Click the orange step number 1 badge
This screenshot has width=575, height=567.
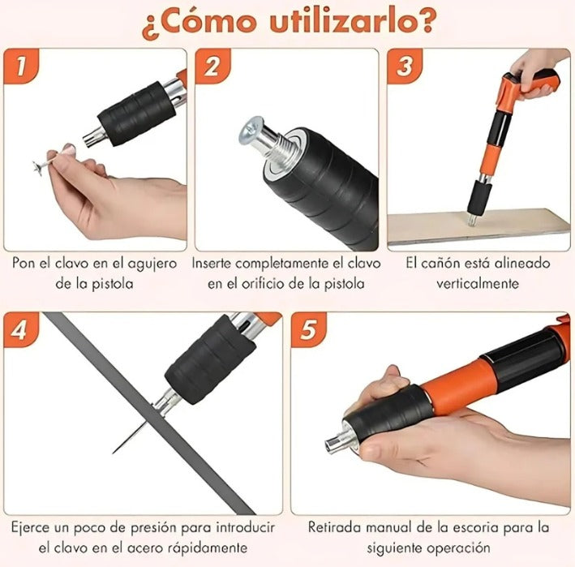pos(21,66)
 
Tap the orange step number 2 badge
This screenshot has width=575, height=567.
pos(212,66)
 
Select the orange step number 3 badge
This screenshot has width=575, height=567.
pos(406,66)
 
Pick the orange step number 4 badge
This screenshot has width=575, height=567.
pos(21,329)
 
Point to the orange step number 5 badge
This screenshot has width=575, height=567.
pos(309,329)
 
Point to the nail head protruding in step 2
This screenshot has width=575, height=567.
pos(252,131)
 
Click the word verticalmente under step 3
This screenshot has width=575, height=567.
pos(478,284)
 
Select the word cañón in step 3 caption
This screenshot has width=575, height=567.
pos(445,264)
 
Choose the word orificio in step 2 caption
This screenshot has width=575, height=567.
pos(268,284)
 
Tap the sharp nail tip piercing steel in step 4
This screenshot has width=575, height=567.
pos(114,453)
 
